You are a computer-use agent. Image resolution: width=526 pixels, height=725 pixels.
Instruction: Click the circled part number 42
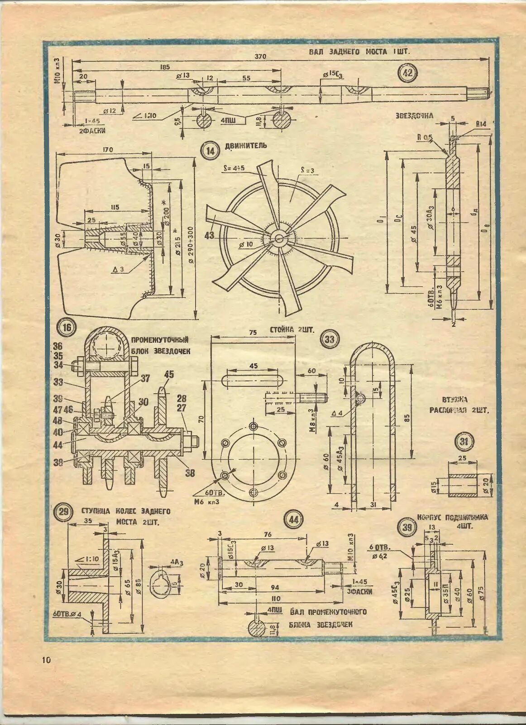click(x=408, y=73)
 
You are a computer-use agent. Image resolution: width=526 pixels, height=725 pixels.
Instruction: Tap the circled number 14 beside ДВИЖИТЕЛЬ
click(x=210, y=151)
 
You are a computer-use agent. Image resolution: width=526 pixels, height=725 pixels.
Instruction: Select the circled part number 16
click(x=67, y=328)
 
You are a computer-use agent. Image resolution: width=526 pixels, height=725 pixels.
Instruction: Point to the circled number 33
click(x=329, y=339)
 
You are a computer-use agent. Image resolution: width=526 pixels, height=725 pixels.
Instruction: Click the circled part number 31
click(x=464, y=441)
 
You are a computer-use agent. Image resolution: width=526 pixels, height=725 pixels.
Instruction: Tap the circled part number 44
click(x=294, y=520)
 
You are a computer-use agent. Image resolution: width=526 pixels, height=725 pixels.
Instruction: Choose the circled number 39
click(x=407, y=527)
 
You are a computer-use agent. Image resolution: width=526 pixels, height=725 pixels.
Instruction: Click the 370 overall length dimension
click(x=260, y=56)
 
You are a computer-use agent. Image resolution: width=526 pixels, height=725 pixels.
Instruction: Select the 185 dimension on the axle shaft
click(x=165, y=67)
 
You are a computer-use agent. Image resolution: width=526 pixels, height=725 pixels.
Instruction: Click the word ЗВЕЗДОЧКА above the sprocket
click(x=415, y=116)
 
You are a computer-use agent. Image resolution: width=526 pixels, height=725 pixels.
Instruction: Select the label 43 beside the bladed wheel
click(x=209, y=235)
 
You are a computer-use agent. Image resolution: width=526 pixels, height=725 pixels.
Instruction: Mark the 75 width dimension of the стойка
click(x=253, y=333)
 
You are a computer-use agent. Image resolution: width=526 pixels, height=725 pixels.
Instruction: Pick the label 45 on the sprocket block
click(x=169, y=374)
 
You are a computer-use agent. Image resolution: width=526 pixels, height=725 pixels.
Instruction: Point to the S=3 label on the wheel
click(x=307, y=170)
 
